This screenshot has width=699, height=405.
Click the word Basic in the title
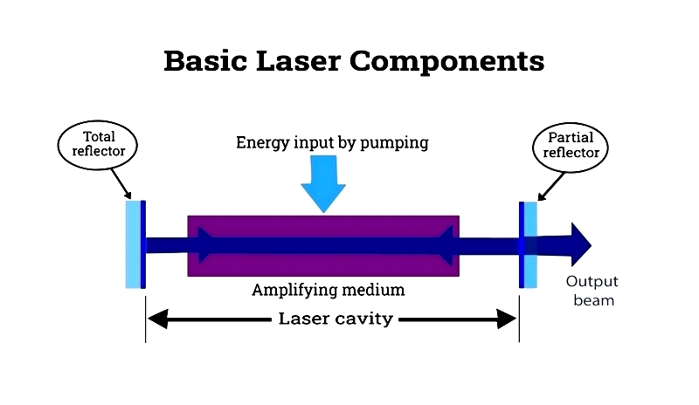click(x=205, y=60)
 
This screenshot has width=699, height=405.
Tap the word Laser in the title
click(x=299, y=60)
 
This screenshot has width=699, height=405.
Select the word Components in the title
click(x=447, y=62)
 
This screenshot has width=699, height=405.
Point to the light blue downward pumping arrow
click(x=323, y=183)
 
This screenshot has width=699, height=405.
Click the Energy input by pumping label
click(x=332, y=142)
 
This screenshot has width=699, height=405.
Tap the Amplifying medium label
click(x=329, y=290)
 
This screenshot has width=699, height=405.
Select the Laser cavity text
click(x=336, y=319)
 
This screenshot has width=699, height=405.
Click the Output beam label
click(x=592, y=291)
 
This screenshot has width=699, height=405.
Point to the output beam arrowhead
click(x=581, y=244)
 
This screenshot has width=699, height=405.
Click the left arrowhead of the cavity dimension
click(x=158, y=319)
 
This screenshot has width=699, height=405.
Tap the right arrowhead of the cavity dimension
click(x=507, y=319)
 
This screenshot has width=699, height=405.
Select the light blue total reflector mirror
click(x=133, y=244)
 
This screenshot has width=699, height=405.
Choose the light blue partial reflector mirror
click(x=530, y=244)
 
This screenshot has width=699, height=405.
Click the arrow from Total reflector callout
click(x=121, y=183)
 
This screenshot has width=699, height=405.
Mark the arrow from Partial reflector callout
click(x=551, y=187)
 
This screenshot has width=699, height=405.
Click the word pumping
click(x=394, y=143)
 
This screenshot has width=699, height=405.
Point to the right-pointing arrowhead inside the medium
click(x=206, y=244)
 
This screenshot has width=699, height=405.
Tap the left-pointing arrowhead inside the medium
click(x=446, y=244)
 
